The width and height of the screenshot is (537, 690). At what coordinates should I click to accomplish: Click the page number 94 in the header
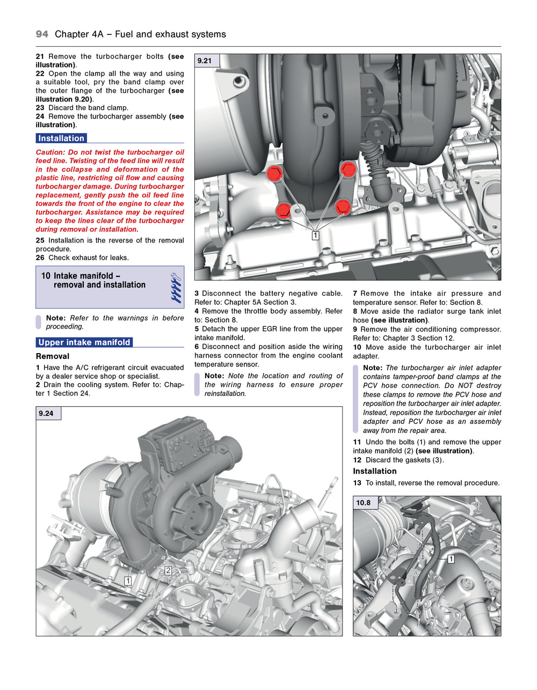click(42, 34)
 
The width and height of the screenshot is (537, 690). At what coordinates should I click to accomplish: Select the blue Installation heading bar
click(61, 138)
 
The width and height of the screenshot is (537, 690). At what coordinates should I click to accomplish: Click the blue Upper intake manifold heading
click(84, 342)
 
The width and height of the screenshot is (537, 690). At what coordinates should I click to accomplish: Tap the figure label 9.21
click(205, 61)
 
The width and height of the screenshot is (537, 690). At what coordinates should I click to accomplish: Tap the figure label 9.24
click(47, 413)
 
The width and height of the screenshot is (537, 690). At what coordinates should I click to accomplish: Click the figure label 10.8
click(364, 503)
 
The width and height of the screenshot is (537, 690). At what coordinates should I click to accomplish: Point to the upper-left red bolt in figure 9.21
click(274, 173)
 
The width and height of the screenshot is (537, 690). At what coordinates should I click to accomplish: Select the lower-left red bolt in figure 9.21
click(284, 210)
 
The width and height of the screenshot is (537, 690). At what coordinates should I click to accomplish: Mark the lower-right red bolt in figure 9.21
click(343, 207)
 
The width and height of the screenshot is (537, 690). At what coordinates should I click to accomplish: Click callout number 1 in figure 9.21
click(315, 236)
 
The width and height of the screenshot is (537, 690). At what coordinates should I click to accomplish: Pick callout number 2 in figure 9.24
click(168, 570)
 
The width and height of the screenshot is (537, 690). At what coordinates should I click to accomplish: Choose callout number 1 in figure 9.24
click(128, 581)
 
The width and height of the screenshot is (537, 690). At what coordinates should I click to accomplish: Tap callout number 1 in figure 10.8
click(451, 559)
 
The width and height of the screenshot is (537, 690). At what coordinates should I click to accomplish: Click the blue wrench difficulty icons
click(176, 288)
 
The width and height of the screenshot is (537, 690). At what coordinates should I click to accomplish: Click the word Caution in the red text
click(50, 152)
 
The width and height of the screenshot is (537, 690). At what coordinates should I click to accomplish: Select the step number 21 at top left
click(40, 56)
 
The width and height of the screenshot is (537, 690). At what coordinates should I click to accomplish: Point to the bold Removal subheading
click(53, 356)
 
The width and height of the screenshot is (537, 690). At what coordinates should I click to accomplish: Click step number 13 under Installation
click(357, 483)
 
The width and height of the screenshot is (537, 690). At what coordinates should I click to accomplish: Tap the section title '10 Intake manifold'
click(81, 276)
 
